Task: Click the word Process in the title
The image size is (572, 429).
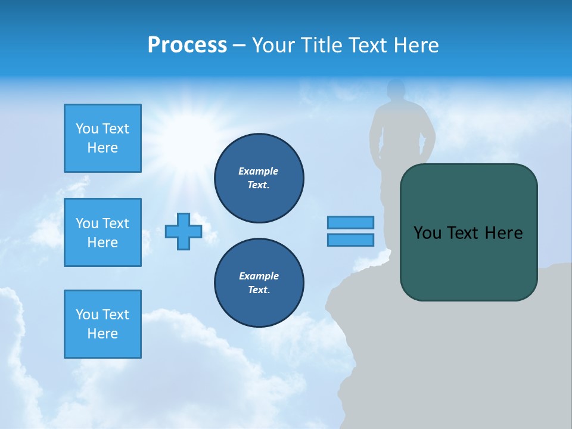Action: [187, 45]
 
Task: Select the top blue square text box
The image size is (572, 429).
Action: [102, 138]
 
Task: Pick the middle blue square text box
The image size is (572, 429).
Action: [102, 232]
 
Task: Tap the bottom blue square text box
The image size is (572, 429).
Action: [102, 324]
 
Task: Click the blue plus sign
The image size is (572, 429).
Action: [183, 232]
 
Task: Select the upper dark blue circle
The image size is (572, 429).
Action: [259, 178]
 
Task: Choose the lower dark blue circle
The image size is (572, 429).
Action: [259, 283]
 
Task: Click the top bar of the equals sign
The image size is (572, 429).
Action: [350, 223]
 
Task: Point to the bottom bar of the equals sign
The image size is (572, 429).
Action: [350, 240]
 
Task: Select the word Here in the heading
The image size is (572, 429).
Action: [415, 45]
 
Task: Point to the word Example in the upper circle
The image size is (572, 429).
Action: [259, 171]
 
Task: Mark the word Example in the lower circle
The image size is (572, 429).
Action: [259, 276]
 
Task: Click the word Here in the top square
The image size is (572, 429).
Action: [102, 148]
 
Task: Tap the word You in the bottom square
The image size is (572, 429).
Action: [86, 315]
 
